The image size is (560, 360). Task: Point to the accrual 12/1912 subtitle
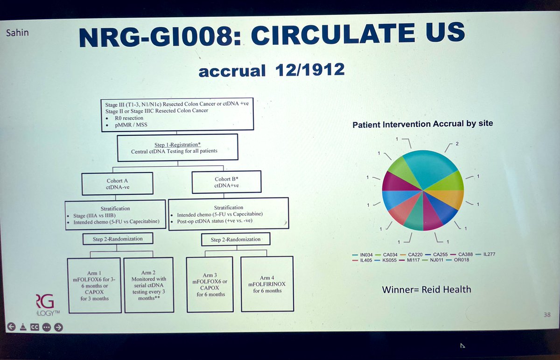click(272, 71)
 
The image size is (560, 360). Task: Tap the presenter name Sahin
click(15, 34)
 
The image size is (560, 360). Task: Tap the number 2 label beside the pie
click(457, 144)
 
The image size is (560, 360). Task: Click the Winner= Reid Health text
click(427, 289)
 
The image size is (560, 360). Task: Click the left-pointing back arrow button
click(9, 326)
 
